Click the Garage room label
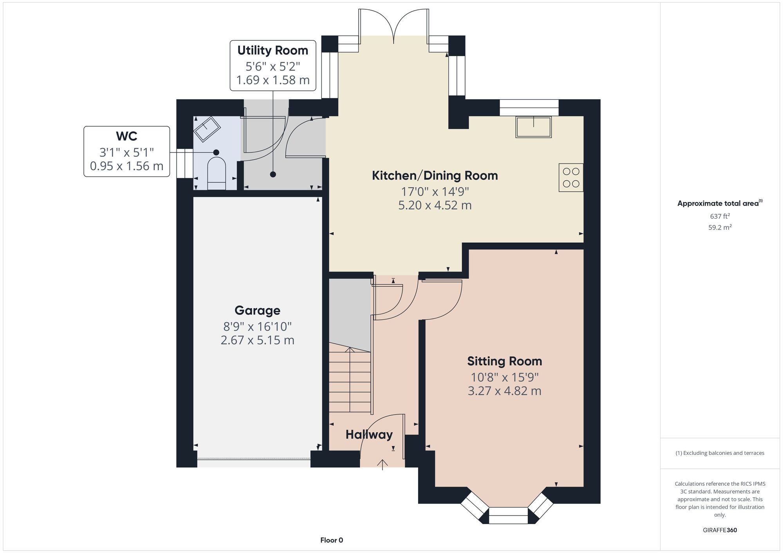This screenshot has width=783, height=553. coord(257,311)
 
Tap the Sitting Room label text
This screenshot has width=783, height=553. coord(504,361)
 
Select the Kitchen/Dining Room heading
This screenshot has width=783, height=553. coord(435,176)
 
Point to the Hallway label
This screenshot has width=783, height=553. coord(369,435)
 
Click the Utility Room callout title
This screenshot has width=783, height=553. coord(273,50)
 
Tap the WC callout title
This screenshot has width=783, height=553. coord(126,136)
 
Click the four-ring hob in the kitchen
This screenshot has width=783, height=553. coord(571,178)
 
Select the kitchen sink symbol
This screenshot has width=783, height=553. coord(534,127)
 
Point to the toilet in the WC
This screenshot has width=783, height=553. coord(216,174)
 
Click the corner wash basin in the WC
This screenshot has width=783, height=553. coord(207,129)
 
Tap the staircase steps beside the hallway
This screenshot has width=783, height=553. coord(350,379)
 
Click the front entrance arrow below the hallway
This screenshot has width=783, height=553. coord(382,465)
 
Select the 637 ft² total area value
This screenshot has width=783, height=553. coord(720,216)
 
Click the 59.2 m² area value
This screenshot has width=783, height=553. coord(720,227)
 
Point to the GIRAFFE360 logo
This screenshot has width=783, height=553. coord(720,530)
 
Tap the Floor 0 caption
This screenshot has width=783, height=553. coord(332,540)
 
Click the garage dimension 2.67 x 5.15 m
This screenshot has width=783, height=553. coord(257,340)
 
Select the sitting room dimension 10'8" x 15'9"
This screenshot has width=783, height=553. coord(504,377)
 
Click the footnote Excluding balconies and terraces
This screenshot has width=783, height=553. coord(720,453)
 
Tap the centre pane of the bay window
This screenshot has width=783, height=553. coord(509,515)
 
